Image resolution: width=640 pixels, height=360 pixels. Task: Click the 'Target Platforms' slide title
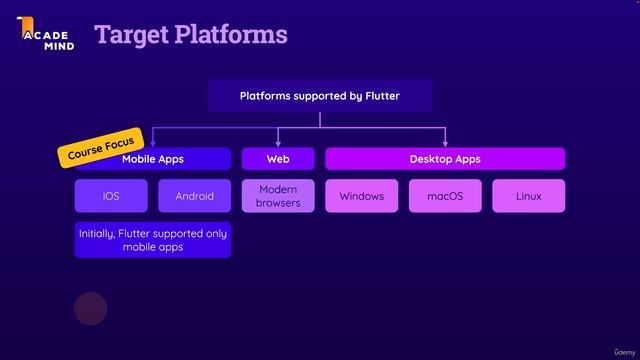191,35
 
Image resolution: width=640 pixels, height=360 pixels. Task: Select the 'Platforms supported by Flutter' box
319,96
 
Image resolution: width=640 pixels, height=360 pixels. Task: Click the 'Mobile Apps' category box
153,159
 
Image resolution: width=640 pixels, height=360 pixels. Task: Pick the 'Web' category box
278,159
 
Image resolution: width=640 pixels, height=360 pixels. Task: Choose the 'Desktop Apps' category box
445,159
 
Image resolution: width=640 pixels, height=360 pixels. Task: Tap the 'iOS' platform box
111,196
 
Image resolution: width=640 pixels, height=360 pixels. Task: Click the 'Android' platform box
194,196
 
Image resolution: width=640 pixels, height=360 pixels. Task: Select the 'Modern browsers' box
278,196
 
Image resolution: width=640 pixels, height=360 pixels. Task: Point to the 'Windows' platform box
361,196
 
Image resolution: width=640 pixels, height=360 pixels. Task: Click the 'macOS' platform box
445,196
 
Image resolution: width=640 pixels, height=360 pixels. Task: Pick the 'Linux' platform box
528,196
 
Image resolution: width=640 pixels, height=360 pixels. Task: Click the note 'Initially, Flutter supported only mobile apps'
153,240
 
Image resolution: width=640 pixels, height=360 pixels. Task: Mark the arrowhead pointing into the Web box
278,144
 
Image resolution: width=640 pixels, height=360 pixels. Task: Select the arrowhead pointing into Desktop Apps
445,144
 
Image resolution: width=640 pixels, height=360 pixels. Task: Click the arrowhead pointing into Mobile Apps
153,144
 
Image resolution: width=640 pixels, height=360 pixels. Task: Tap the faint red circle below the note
91,309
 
